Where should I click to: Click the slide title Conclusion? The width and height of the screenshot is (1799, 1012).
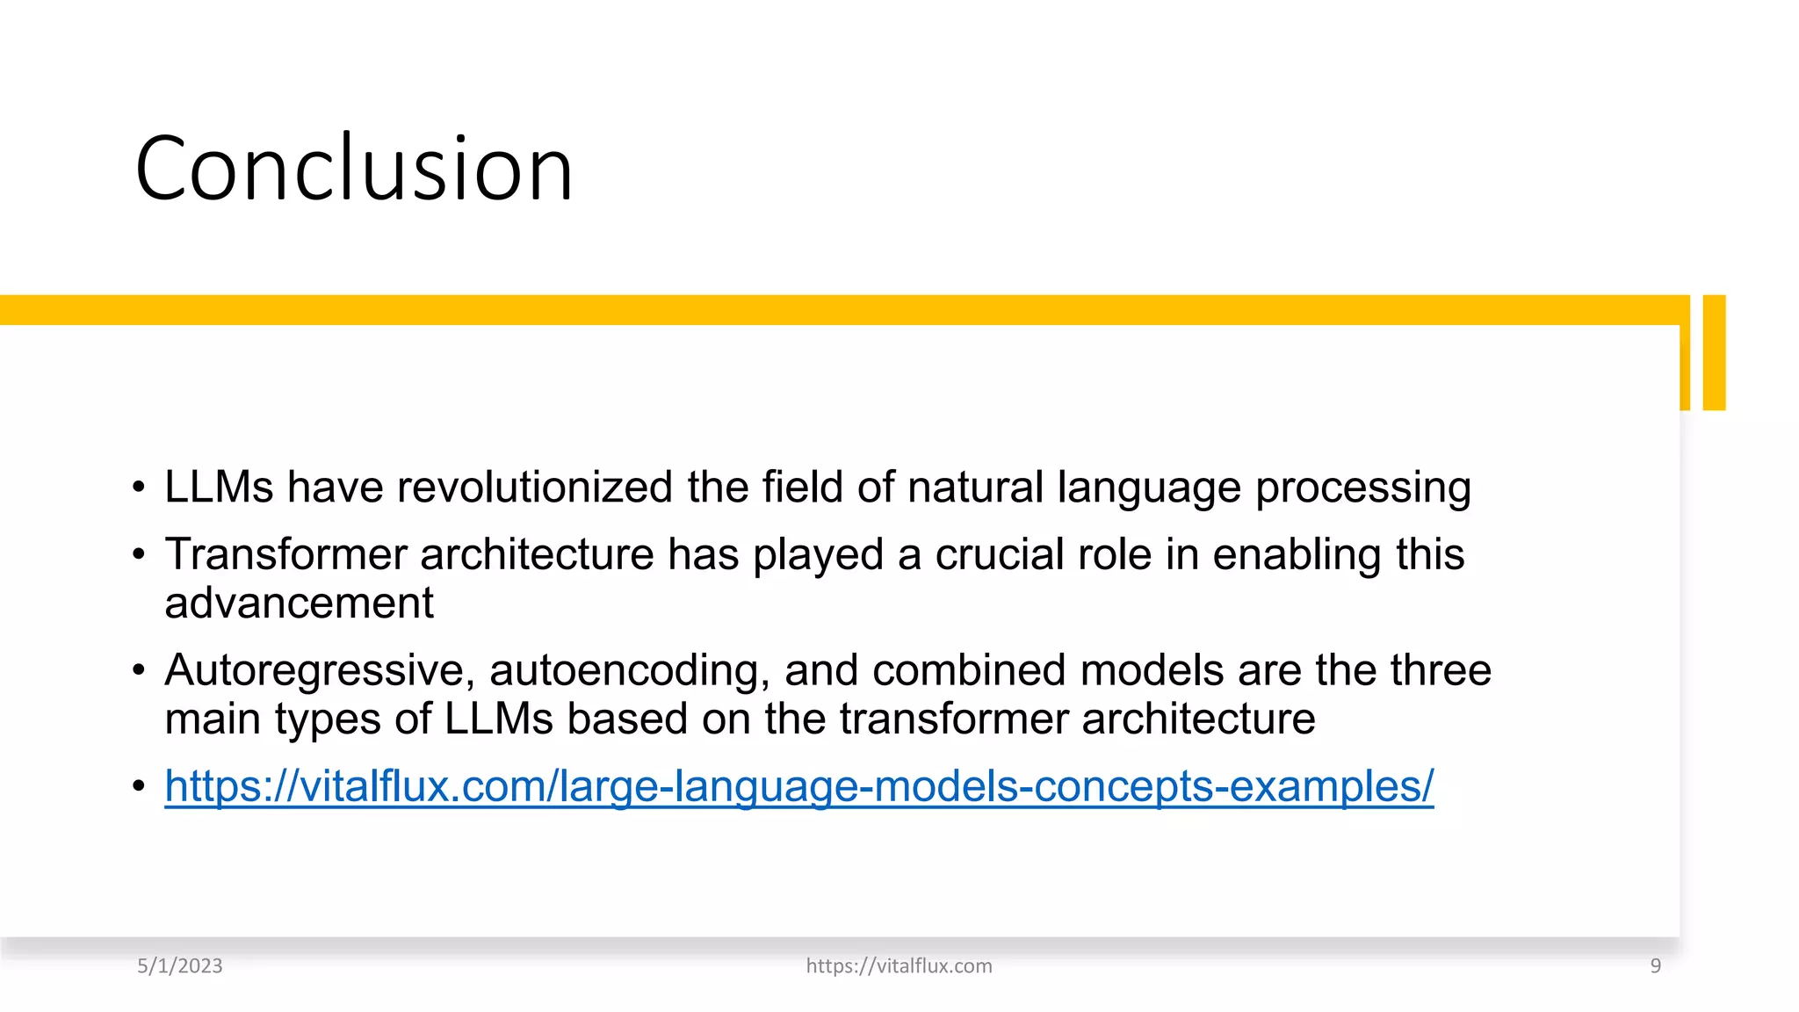point(354,169)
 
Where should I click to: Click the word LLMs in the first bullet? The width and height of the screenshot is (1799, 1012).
point(219,488)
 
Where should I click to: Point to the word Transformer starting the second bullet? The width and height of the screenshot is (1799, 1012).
point(285,555)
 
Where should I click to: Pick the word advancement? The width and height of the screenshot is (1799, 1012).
point(299,604)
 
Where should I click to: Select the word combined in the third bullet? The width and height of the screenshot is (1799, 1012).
point(969,671)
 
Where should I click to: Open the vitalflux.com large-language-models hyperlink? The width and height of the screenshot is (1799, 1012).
point(798,787)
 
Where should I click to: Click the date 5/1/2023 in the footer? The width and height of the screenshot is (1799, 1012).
point(180,966)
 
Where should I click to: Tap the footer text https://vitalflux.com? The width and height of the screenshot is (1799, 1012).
point(899,966)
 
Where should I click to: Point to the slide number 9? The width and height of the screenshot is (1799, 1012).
point(1655,966)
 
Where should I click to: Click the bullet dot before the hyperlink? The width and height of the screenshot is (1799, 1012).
point(139,785)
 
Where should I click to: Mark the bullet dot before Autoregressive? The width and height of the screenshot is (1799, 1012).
point(139,670)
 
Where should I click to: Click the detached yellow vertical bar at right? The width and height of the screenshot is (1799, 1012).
point(1714,352)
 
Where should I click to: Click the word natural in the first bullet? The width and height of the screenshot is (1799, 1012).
point(975,488)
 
